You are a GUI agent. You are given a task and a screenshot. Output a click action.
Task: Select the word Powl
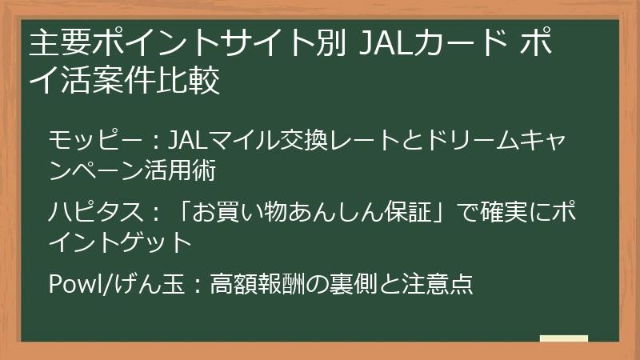point(70,284)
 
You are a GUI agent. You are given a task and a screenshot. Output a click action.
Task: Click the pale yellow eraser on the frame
point(563,338)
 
